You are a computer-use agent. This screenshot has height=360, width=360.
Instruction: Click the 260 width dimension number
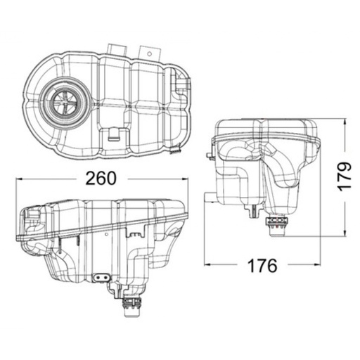[101, 179]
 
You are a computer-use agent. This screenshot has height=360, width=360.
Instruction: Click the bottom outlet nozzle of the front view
[131, 303]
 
